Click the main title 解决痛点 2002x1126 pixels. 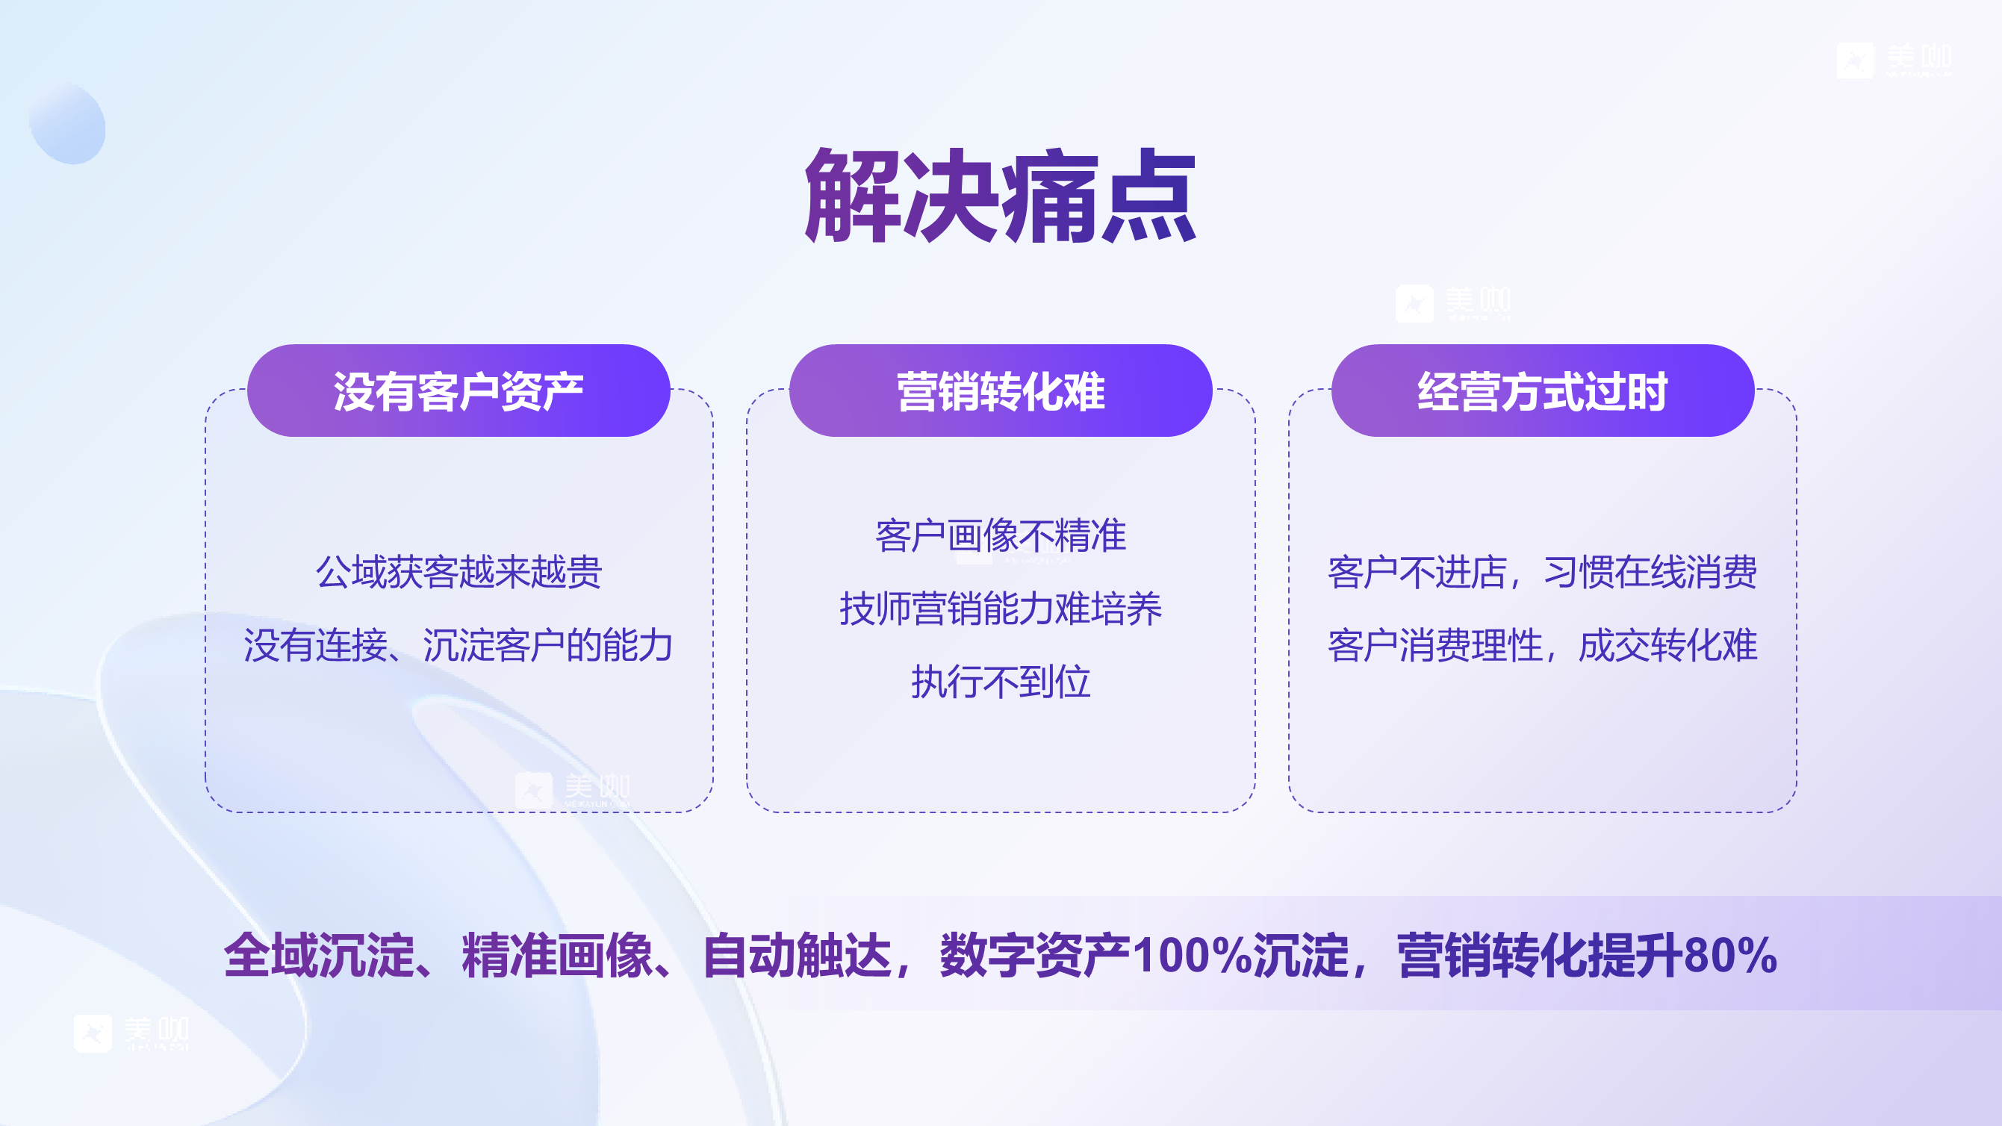(1001, 196)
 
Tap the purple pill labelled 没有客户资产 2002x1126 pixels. (458, 391)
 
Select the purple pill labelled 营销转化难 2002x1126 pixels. (1000, 391)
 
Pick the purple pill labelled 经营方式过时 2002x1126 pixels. (1542, 391)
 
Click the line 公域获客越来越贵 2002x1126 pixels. (458, 572)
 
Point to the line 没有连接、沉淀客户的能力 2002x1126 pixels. (458, 645)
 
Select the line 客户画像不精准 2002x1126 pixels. (1000, 535)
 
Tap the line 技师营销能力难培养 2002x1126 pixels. (1000, 609)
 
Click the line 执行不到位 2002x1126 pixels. (1000, 682)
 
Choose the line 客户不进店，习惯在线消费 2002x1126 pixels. (1542, 572)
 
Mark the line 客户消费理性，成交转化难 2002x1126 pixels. (1542, 645)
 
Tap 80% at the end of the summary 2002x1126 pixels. (1730, 955)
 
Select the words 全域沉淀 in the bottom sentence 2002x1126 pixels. (319, 955)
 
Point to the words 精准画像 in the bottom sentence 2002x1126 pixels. (557, 955)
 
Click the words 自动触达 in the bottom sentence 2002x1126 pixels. (797, 955)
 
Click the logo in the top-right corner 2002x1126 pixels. (1893, 60)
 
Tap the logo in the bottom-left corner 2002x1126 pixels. (131, 1033)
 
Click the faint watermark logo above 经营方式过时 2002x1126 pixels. (1452, 302)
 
